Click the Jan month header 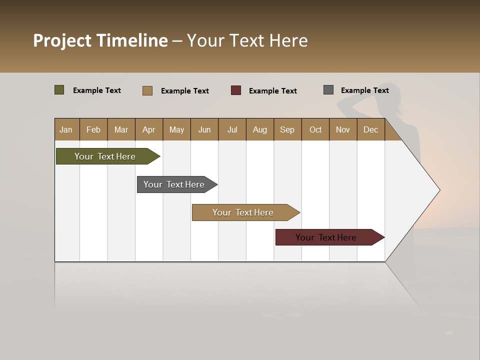pyautogui.click(x=66, y=129)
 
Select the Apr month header pyautogui.click(x=149, y=129)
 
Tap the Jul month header pyautogui.click(x=232, y=129)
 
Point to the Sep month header pyautogui.click(x=287, y=129)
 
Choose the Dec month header pyautogui.click(x=370, y=129)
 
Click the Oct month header pyautogui.click(x=315, y=129)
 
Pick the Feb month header pyautogui.click(x=93, y=129)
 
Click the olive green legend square pyautogui.click(x=59, y=90)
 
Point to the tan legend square pyautogui.click(x=147, y=90)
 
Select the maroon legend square pyautogui.click(x=235, y=90)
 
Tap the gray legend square pyautogui.click(x=328, y=90)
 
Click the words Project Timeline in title pyautogui.click(x=100, y=40)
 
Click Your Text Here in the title pyautogui.click(x=247, y=40)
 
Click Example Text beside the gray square pyautogui.click(x=364, y=90)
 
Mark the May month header pyautogui.click(x=176, y=129)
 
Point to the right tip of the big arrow pyautogui.click(x=438, y=190)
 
